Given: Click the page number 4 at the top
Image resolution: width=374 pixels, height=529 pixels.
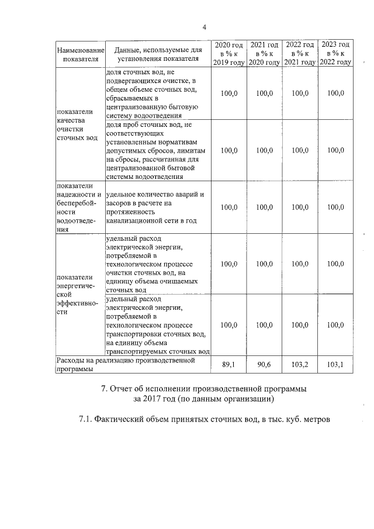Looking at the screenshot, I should [205, 27].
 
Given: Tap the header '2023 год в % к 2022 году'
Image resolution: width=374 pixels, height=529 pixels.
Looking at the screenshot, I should [336, 53].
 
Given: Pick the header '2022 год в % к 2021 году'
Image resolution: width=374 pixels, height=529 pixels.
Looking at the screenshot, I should [300, 53].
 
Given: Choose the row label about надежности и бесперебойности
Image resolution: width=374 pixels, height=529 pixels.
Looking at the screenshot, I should [79, 208].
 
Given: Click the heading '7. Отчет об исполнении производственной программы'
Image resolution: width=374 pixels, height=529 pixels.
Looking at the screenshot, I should [203, 389].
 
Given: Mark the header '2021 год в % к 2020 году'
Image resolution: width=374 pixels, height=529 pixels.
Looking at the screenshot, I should [265, 53].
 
